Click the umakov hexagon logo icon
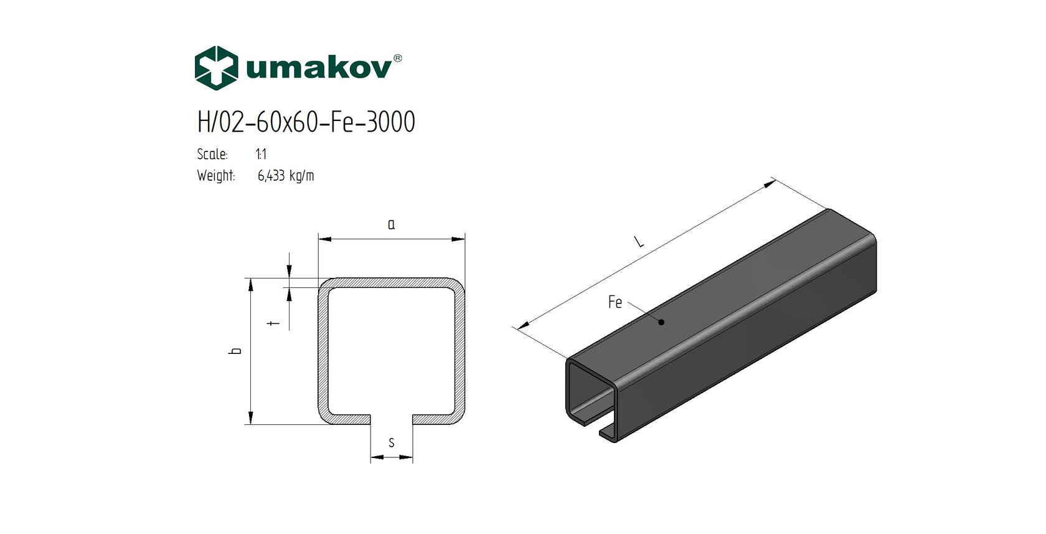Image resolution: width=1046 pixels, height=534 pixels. tap(216, 68)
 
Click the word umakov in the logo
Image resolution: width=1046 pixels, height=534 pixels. tap(318, 68)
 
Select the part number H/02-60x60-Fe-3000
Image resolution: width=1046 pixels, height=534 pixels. tap(306, 122)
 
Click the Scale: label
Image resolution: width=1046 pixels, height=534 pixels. tap(212, 154)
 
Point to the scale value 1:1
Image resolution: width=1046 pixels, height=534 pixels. tap(261, 154)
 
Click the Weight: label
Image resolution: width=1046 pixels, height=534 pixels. tap(215, 176)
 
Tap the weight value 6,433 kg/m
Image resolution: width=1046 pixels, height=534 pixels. tap(286, 176)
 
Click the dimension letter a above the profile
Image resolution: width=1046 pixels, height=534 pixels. tap(391, 224)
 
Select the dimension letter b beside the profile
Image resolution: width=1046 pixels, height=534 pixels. tap(236, 351)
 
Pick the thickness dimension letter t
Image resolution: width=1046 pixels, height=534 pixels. tap(273, 323)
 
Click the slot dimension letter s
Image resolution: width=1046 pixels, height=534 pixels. tap(392, 443)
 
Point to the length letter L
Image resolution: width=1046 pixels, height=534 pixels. tap(639, 241)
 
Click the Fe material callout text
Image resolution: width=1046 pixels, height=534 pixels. tap(615, 302)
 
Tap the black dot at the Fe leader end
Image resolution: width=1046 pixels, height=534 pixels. tap(661, 322)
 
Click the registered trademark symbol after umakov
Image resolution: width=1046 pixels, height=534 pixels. tap(398, 59)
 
